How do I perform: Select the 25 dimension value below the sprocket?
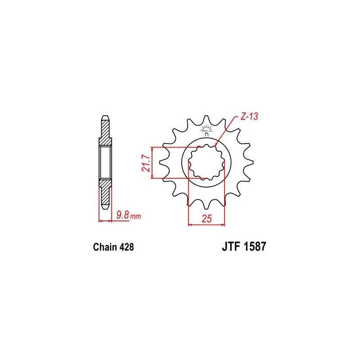(x=207, y=219)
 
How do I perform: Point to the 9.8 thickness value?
(x=122, y=215)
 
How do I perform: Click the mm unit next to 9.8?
(x=136, y=216)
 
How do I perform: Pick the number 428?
(x=126, y=247)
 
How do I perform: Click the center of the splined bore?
(x=207, y=162)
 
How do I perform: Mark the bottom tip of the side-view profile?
(x=104, y=208)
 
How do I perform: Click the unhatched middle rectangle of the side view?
(x=104, y=162)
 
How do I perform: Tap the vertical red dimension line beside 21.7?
(x=153, y=162)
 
